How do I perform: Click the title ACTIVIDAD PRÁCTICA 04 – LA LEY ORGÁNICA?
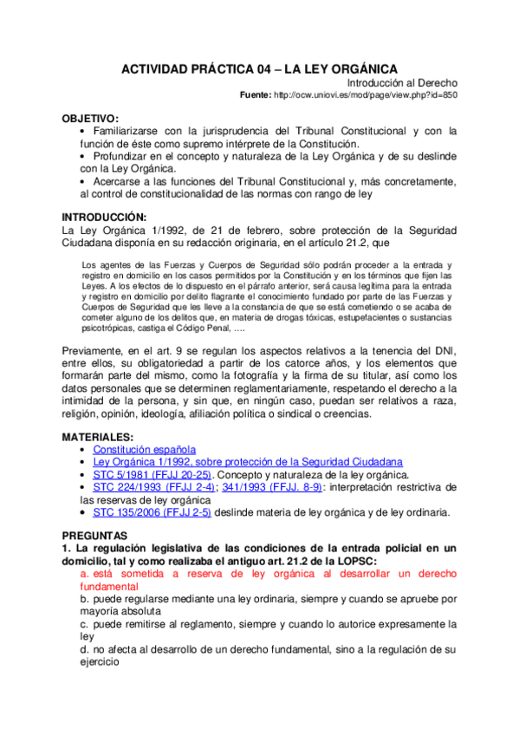(259, 68)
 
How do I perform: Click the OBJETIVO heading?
(90, 118)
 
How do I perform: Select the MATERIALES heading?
(97, 437)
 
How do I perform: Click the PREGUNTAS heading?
(96, 537)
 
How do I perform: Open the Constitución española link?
(144, 450)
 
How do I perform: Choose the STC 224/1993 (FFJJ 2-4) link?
(151, 487)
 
